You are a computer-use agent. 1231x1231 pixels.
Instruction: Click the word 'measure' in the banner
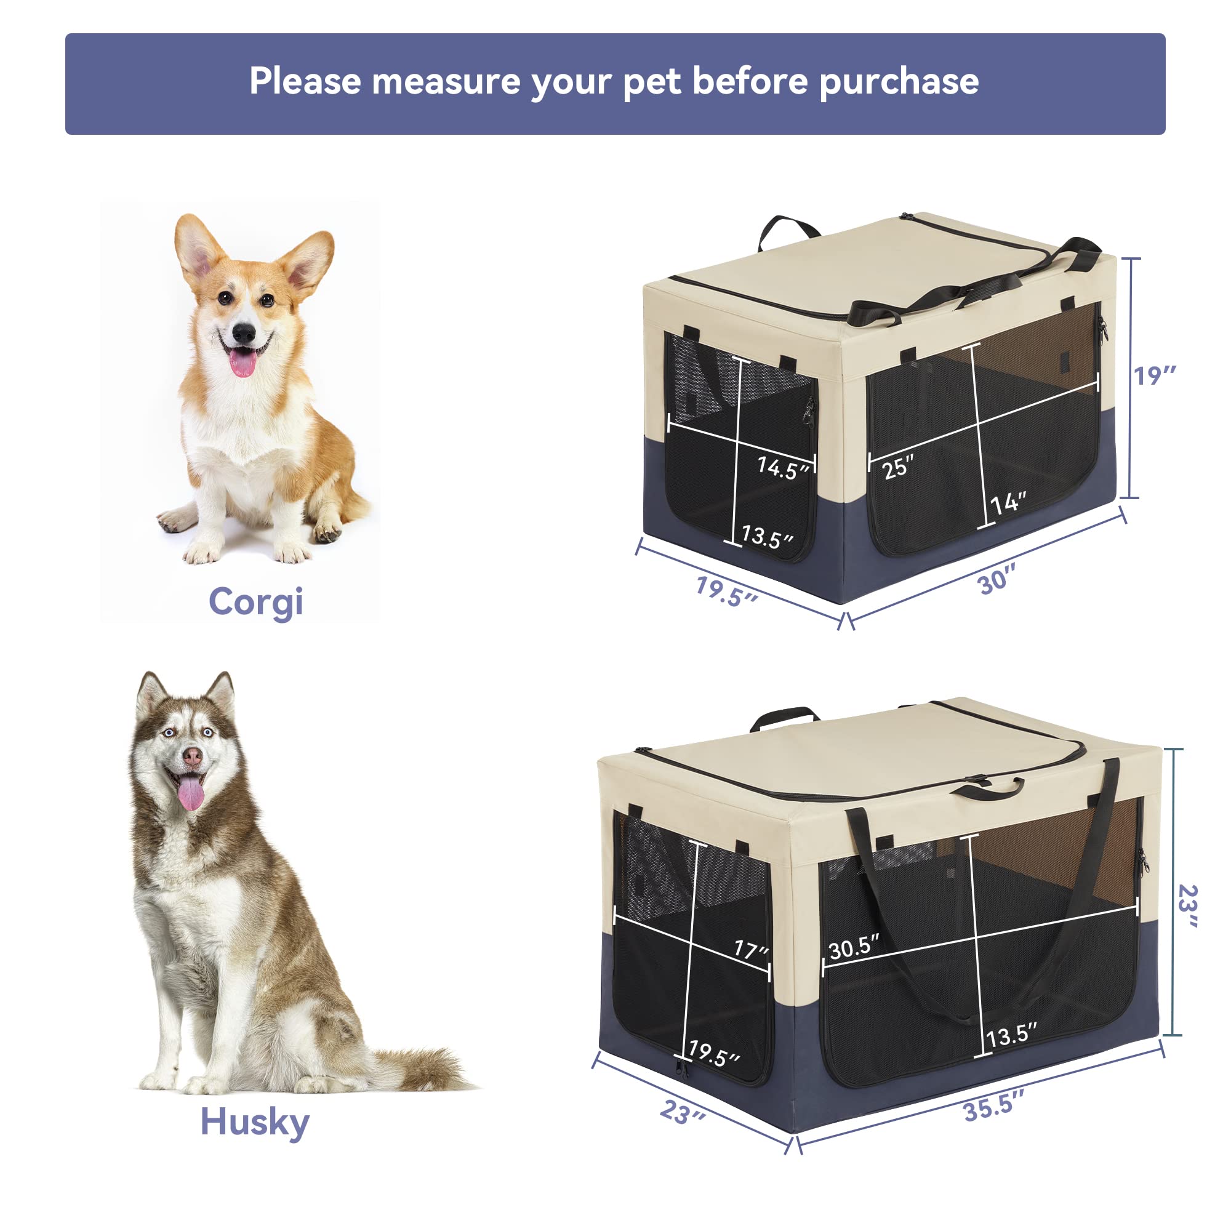(x=446, y=82)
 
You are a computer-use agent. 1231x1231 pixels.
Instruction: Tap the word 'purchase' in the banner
(x=899, y=83)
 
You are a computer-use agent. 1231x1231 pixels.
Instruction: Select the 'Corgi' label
(x=255, y=602)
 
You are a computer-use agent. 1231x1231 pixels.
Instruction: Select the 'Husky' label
(x=254, y=1122)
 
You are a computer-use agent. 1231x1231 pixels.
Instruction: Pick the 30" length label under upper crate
(x=996, y=580)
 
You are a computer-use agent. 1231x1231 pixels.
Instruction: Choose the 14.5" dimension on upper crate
(x=782, y=468)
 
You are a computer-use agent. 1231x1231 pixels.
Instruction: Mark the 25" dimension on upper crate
(x=898, y=468)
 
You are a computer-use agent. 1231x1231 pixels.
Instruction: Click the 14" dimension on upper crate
(x=1008, y=503)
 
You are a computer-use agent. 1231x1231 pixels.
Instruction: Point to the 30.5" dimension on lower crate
(x=854, y=947)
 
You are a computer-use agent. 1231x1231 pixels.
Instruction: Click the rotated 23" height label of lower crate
(x=1188, y=905)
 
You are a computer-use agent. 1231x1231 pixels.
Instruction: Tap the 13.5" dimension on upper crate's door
(x=767, y=537)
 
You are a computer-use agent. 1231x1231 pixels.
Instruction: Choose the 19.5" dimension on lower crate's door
(x=713, y=1054)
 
